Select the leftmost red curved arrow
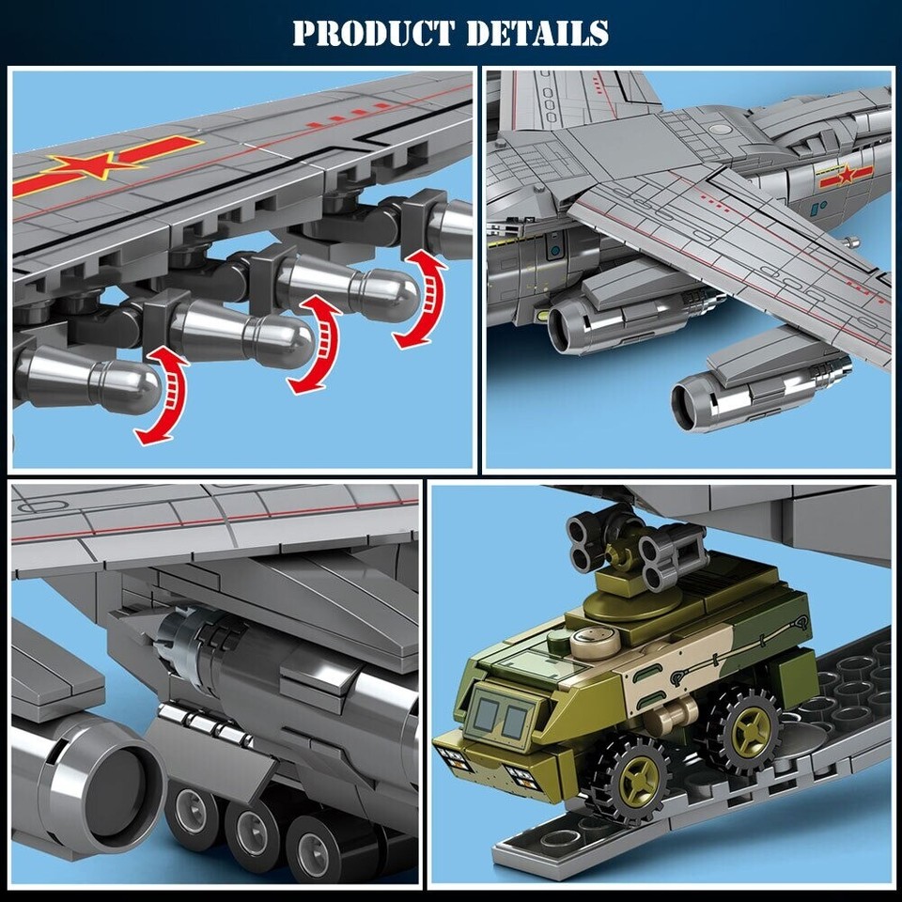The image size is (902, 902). click(x=162, y=395)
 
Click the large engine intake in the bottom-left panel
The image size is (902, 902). click(x=103, y=784)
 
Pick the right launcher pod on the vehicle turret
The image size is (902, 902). click(x=673, y=548)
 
